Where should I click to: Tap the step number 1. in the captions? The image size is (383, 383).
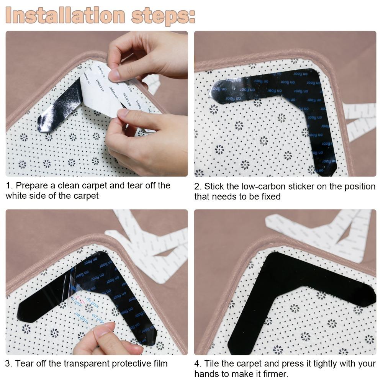click(9, 186)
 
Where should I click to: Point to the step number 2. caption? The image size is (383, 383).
click(198, 187)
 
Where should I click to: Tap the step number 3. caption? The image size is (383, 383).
click(9, 363)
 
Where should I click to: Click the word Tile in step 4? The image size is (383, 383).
click(211, 363)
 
